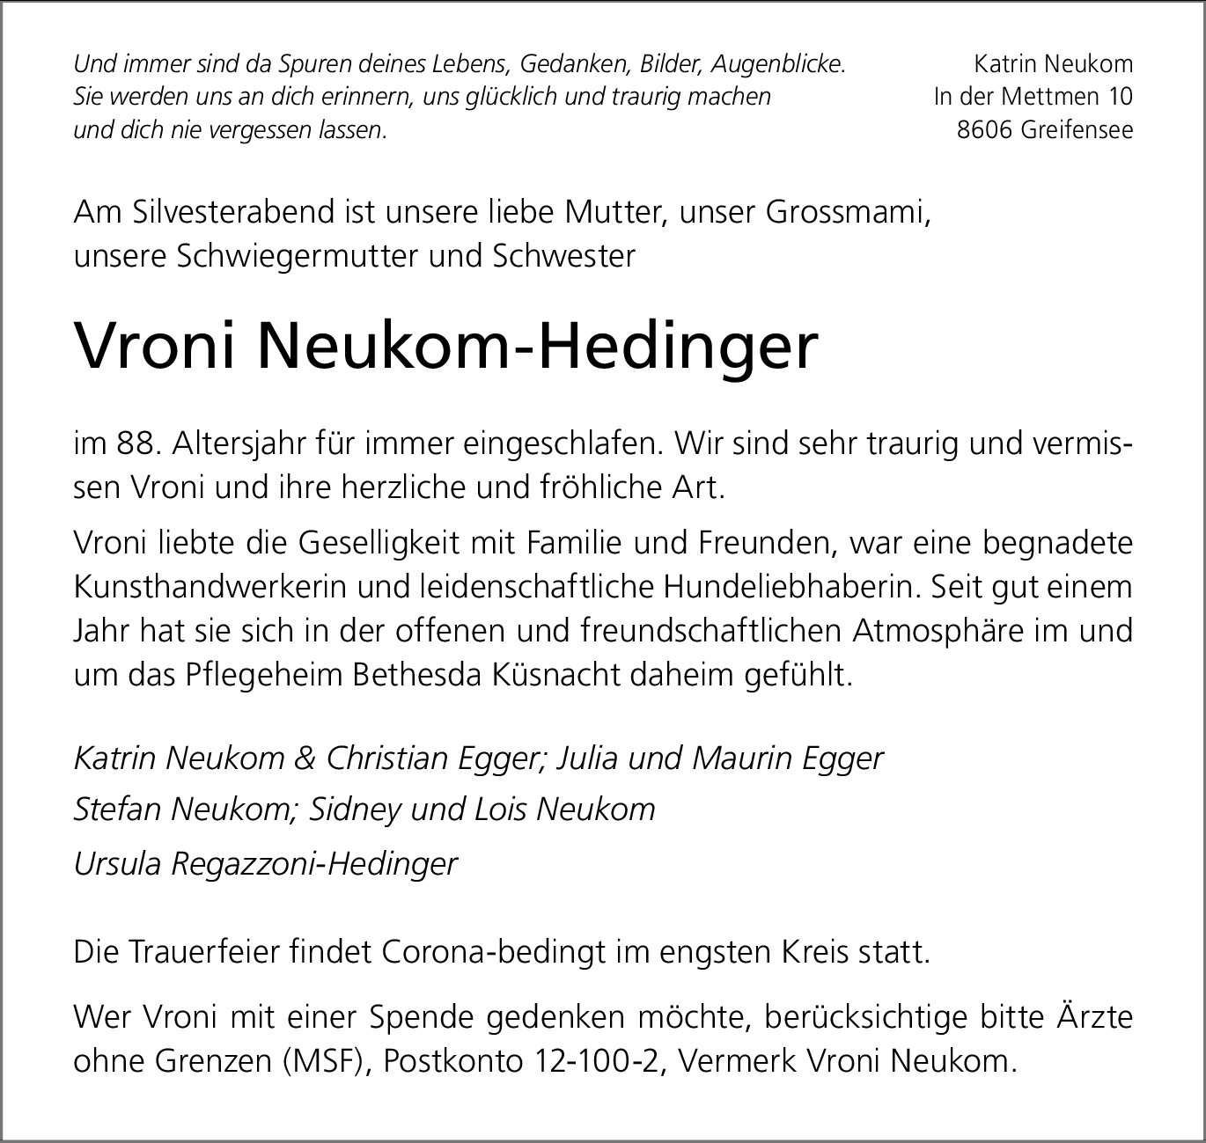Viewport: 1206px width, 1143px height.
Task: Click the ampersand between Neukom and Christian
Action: [305, 758]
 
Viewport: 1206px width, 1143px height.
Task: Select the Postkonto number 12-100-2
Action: [592, 1061]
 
